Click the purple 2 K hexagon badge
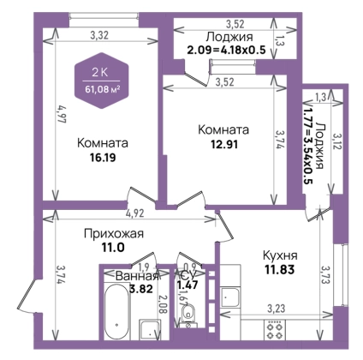tap(102, 81)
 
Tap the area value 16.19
tap(103, 158)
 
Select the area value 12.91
tap(224, 144)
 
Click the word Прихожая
tap(114, 234)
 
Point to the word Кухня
tap(280, 255)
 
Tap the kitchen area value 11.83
tap(280, 269)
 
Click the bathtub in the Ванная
tap(117, 311)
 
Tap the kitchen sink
tap(230, 297)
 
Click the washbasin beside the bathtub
tap(150, 329)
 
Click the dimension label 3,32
tap(99, 36)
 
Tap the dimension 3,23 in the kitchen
tap(277, 309)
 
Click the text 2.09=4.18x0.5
tap(226, 50)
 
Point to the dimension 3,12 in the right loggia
tap(336, 141)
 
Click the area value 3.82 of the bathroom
tap(141, 289)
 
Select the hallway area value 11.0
tap(113, 247)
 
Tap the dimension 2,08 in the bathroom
tap(163, 305)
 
